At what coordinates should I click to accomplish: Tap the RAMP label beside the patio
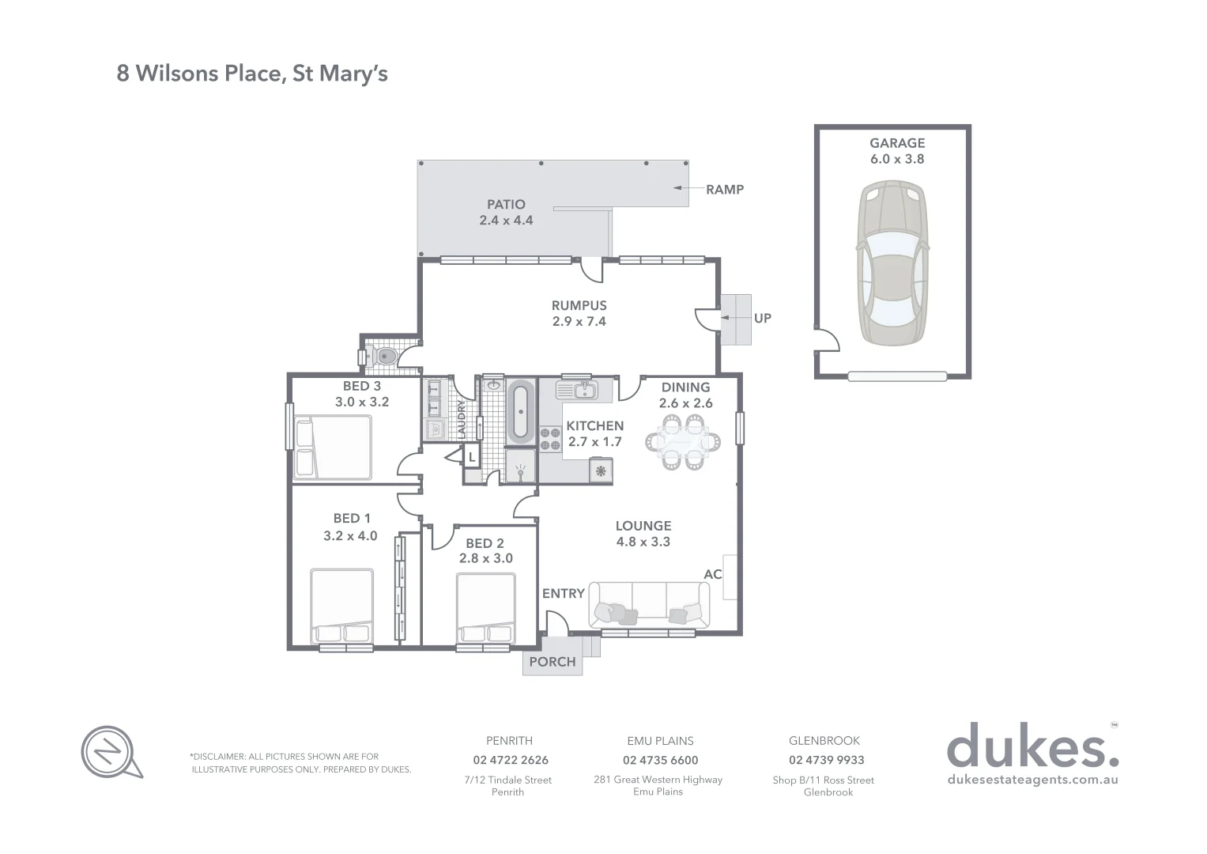724,189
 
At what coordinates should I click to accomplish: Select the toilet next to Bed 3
384,356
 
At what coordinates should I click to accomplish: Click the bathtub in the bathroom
520,412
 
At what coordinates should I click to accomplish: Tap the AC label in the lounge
712,574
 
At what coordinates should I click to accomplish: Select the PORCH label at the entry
552,662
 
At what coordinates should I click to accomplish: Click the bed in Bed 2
485,609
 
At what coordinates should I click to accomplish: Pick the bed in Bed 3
332,448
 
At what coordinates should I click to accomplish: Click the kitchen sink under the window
577,390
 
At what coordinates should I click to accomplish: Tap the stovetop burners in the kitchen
549,439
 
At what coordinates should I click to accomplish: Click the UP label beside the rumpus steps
762,318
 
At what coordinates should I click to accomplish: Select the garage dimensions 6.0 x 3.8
897,159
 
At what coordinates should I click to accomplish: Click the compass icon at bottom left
109,750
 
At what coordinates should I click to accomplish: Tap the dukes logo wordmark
1032,746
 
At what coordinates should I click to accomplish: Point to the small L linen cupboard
471,456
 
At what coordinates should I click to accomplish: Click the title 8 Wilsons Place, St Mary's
252,74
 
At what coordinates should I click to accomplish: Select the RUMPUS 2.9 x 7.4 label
579,313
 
